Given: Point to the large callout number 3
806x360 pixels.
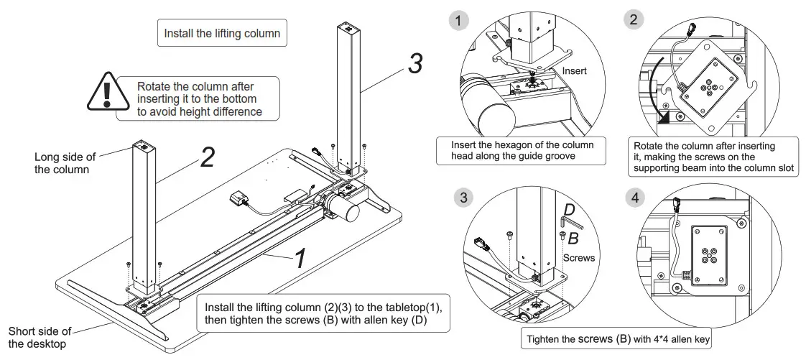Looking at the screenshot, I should pos(414,64).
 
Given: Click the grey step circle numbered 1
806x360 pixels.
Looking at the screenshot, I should pos(458,20).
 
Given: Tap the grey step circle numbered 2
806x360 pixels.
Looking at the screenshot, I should pos(632,20).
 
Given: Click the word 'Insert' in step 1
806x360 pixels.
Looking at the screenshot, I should pos(574,71).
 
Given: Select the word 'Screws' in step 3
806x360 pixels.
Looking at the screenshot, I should pos(579,257).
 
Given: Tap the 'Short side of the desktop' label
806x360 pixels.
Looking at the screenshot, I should pos(40,338).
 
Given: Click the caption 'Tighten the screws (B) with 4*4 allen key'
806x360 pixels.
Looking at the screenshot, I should pos(618,338).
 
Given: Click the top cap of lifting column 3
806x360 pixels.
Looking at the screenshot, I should pos(349,28).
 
